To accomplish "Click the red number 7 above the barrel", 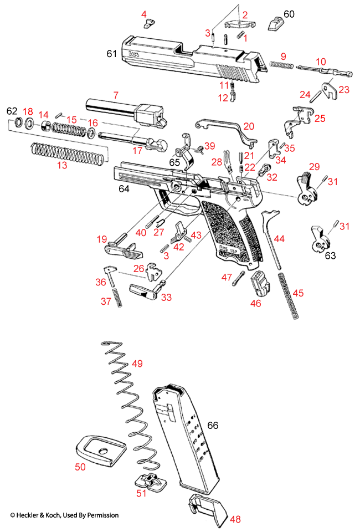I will point(115,95).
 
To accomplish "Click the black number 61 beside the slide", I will point(112,53).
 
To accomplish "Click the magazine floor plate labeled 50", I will point(99,450).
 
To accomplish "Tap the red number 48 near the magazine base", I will point(235,519).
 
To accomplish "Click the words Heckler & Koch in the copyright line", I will point(42,515).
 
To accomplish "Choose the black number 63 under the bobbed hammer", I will point(331,255).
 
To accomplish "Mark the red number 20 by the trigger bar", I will point(248,126).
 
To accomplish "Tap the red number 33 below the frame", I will point(166,297).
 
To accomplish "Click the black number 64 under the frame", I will point(125,190).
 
